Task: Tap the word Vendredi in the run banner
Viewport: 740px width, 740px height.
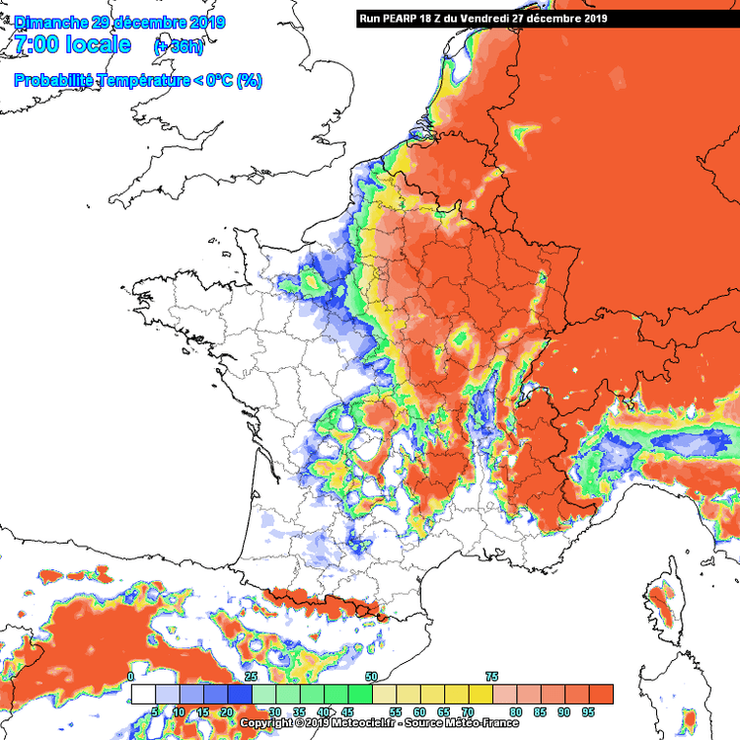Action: point(487,18)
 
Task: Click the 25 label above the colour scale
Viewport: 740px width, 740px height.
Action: point(251,677)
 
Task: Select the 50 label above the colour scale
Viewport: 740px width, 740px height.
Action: point(371,677)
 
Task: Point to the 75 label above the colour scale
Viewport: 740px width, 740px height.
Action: point(491,677)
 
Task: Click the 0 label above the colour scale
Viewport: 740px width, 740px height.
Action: point(131,677)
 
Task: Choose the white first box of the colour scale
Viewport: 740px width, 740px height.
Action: point(143,694)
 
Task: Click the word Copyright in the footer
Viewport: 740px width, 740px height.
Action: point(266,723)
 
